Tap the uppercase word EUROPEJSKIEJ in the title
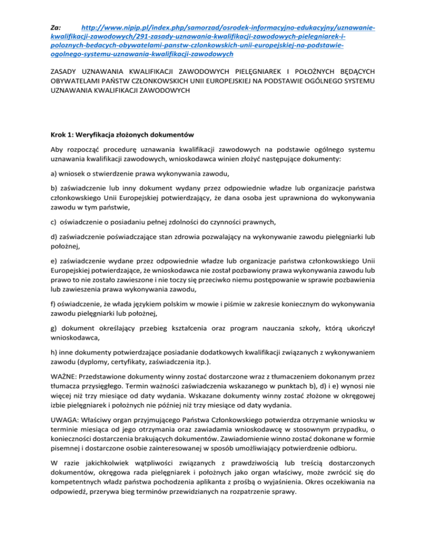point(241,83)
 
